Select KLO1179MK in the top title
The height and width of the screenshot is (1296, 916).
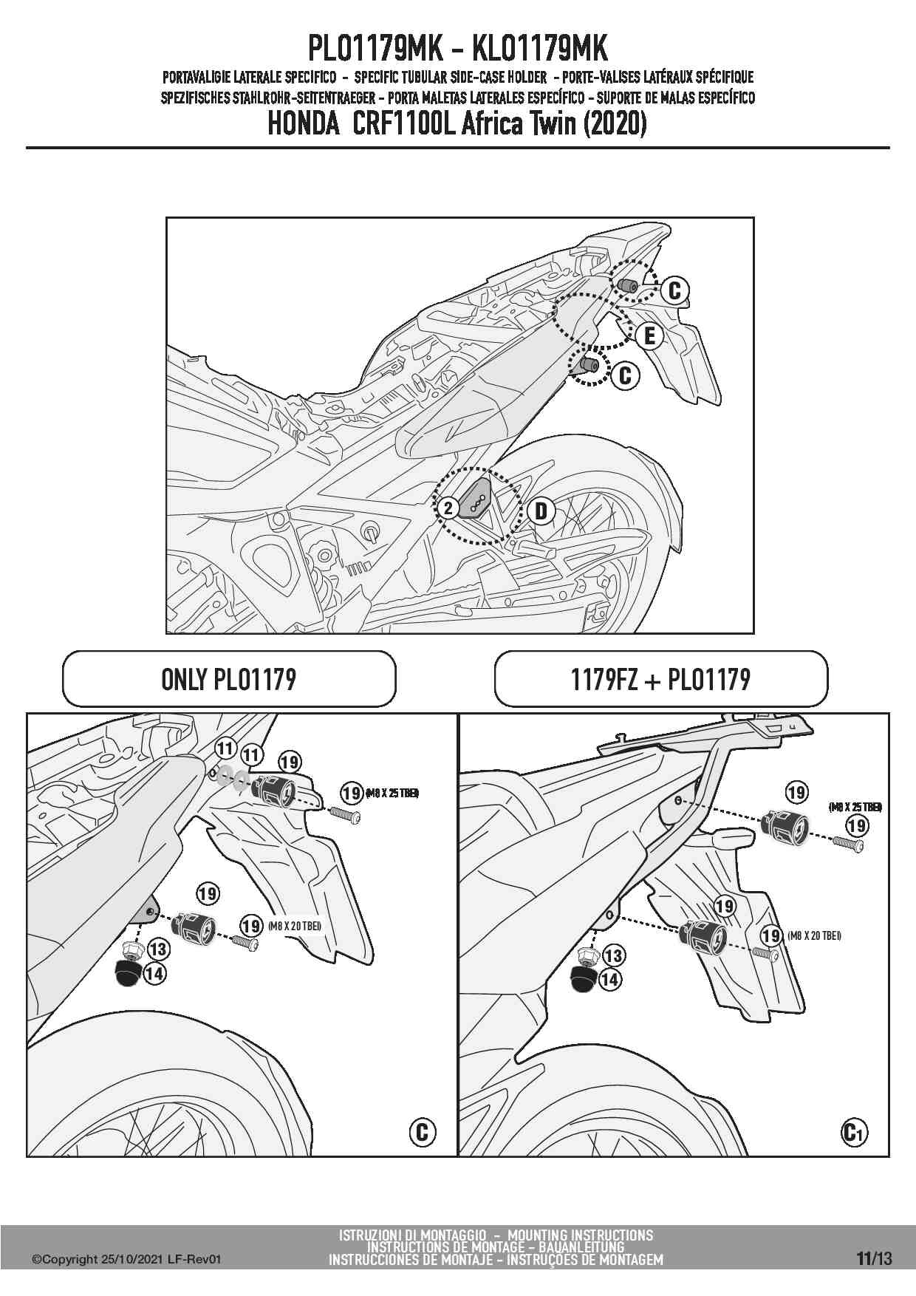coord(539,49)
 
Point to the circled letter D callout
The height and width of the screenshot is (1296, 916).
coord(541,511)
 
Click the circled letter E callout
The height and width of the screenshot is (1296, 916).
coord(649,336)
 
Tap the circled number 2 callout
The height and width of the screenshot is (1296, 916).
coord(448,508)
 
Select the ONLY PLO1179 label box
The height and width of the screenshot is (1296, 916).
coord(229,679)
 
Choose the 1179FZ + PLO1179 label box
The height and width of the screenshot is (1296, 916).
coord(660,679)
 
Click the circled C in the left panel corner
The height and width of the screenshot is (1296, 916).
coord(422,1132)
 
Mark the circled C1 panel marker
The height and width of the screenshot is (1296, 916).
coord(853,1132)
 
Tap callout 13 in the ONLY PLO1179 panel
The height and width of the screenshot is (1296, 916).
coord(158,949)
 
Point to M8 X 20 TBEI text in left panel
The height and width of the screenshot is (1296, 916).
coord(295,926)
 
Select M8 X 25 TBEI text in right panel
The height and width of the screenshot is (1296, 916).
coord(855,808)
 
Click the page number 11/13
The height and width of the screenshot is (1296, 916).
coord(875,1258)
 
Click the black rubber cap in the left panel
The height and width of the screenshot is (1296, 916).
coord(129,973)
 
